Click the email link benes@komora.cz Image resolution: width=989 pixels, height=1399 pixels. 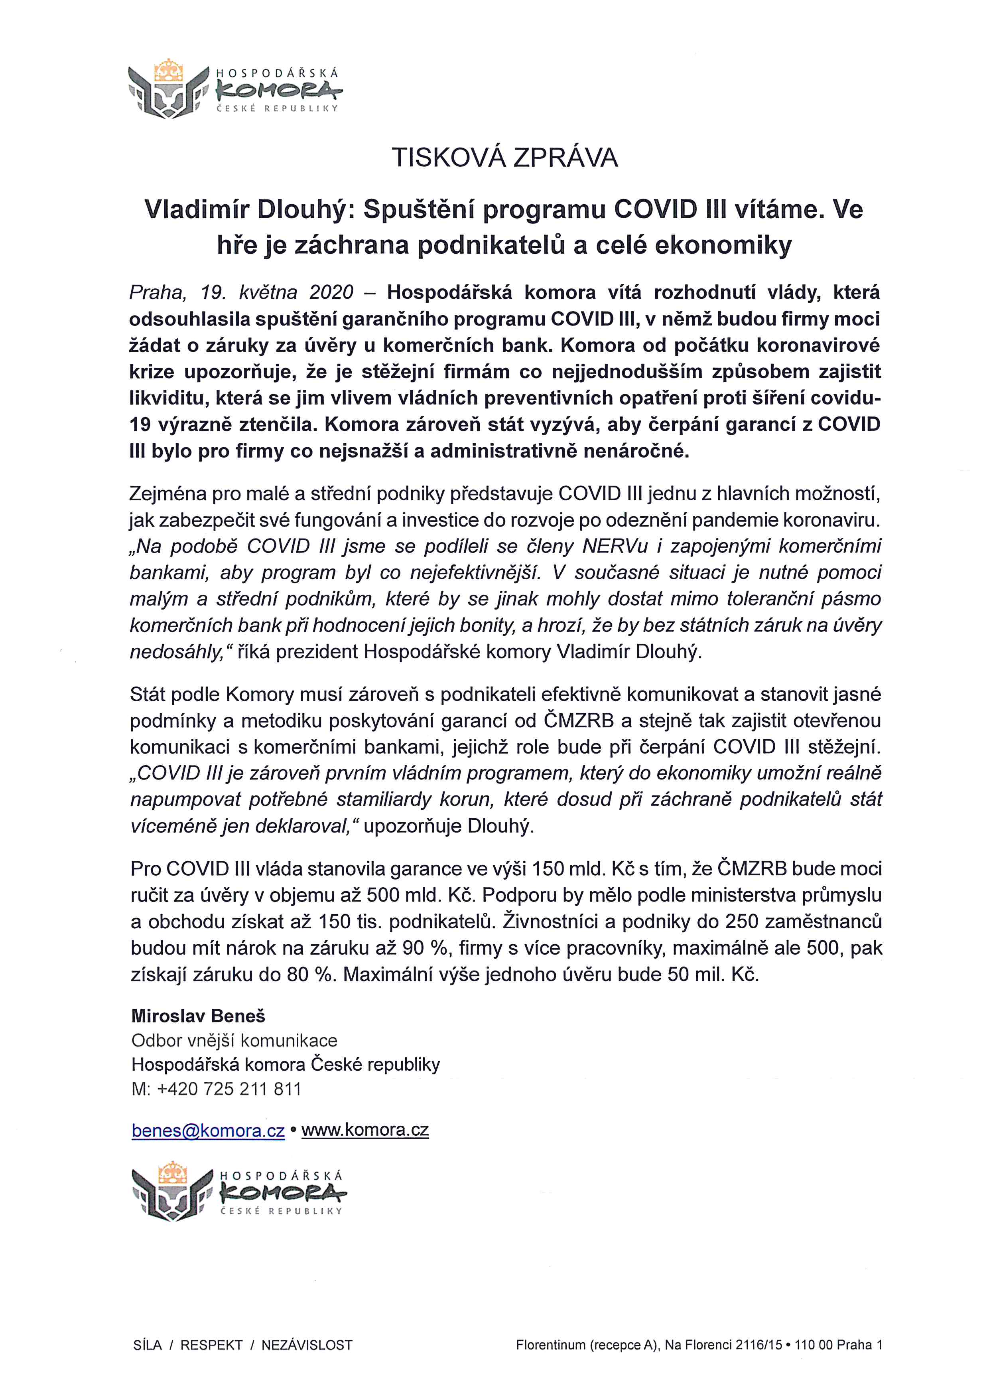[x=208, y=1130]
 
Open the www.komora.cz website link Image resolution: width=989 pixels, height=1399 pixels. [x=365, y=1130]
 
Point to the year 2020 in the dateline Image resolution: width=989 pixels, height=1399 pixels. [x=331, y=292]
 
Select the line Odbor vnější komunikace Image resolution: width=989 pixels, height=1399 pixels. [x=234, y=1040]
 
